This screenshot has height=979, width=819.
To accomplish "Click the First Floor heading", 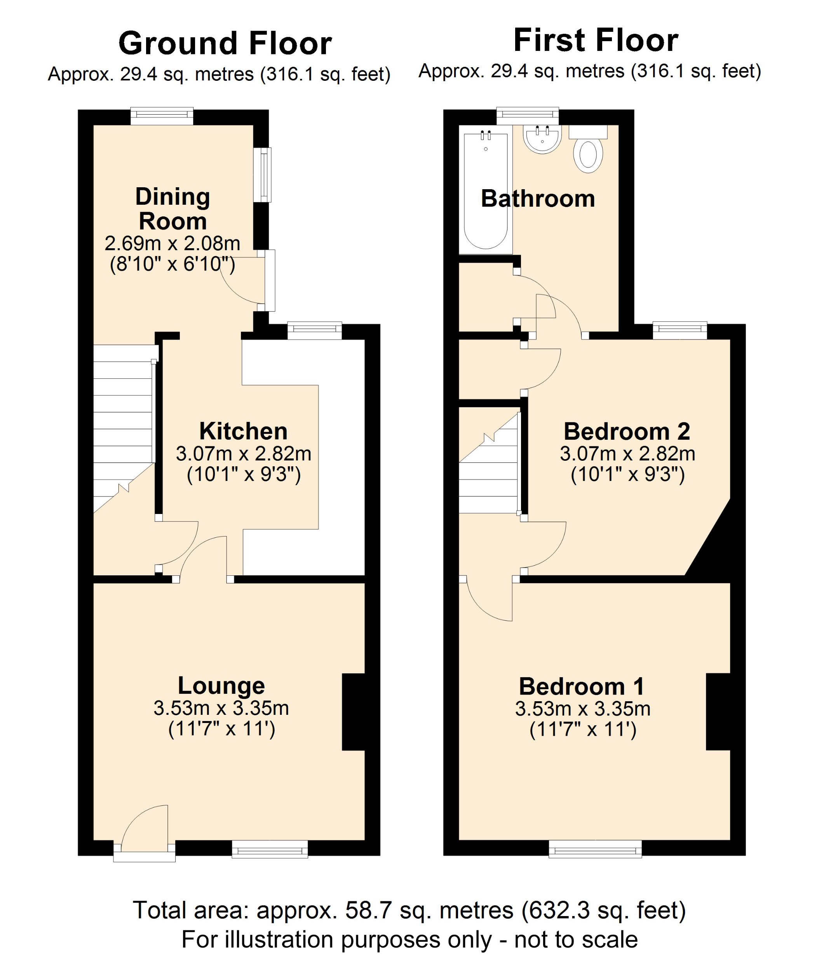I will [x=595, y=40].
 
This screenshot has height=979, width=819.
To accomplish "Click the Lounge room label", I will [x=221, y=686].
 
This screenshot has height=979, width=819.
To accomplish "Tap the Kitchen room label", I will [x=243, y=431].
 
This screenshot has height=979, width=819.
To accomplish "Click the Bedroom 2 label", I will [x=627, y=432].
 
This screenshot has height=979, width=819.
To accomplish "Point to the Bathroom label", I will [x=538, y=199].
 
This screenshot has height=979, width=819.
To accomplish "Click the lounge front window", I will [x=270, y=849].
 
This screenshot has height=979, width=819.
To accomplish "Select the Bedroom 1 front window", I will [x=595, y=849].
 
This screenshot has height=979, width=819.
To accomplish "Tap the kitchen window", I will [x=315, y=331].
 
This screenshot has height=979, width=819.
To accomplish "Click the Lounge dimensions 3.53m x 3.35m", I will [x=221, y=709].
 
